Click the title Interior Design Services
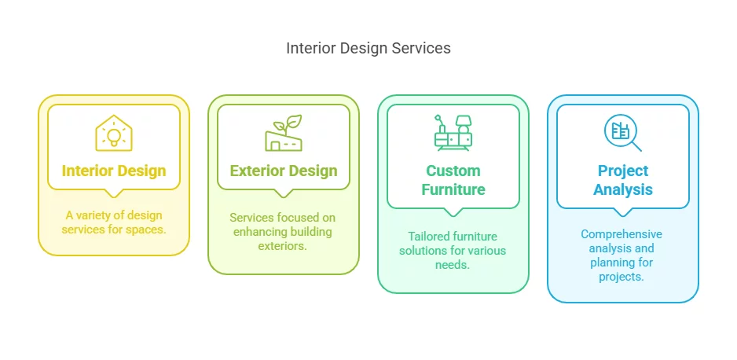368,48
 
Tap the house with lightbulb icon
114,133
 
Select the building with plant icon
283,133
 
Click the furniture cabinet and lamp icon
453,133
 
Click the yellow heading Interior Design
114,171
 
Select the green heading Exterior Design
284,171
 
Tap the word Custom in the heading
453,171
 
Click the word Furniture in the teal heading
453,190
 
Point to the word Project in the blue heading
623,171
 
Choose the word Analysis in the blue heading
623,190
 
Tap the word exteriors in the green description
283,246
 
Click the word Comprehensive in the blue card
621,234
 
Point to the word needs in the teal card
452,265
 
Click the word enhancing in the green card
257,232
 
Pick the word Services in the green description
248,218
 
